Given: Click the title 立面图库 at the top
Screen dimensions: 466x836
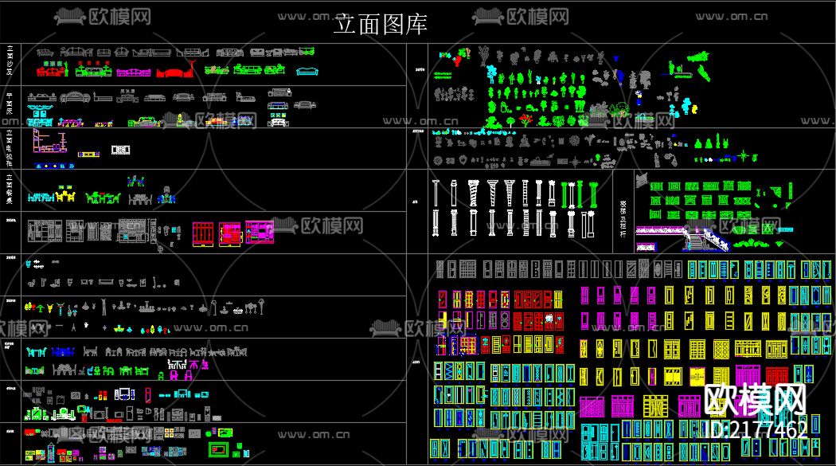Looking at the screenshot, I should (381, 25).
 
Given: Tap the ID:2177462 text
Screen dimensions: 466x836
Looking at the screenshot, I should (756, 430).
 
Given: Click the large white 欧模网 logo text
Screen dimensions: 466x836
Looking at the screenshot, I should (756, 399).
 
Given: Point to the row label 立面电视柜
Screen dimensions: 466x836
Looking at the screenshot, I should (10, 145).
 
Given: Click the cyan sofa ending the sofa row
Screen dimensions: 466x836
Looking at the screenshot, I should (307, 71).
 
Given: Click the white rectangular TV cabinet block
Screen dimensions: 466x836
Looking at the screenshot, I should (120, 150).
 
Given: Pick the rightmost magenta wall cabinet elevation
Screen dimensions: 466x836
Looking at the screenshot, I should (260, 232).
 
